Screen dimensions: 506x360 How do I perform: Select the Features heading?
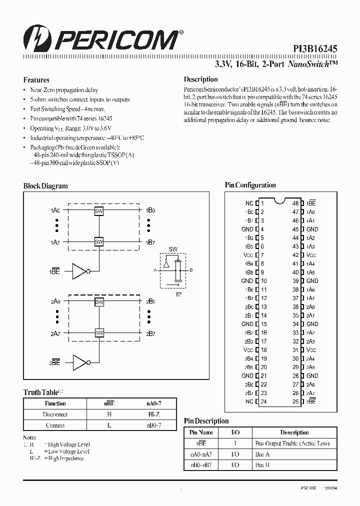click(x=36, y=80)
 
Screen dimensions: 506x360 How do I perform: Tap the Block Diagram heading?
click(x=45, y=186)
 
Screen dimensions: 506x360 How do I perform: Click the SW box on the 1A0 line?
click(x=99, y=211)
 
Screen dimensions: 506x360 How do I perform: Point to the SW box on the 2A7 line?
click(x=99, y=333)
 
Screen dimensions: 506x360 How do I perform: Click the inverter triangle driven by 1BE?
click(x=79, y=271)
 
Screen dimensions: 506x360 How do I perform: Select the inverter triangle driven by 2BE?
click(x=79, y=362)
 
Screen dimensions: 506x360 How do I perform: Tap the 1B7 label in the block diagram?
click(x=150, y=242)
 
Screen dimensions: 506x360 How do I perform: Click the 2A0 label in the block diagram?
click(x=55, y=302)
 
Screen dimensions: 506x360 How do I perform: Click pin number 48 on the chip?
click(x=295, y=203)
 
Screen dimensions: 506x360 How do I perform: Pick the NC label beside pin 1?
click(x=249, y=203)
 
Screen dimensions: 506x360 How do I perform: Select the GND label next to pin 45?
click(x=312, y=229)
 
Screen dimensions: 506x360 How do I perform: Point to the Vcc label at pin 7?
click(x=248, y=255)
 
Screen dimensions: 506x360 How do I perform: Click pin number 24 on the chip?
click(x=264, y=401)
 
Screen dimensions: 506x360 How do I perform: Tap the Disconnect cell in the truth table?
click(x=55, y=414)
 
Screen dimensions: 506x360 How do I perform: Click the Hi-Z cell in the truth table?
click(x=153, y=414)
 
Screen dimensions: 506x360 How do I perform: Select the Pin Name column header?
click(x=202, y=432)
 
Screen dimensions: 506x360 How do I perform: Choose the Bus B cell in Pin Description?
click(x=262, y=465)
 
